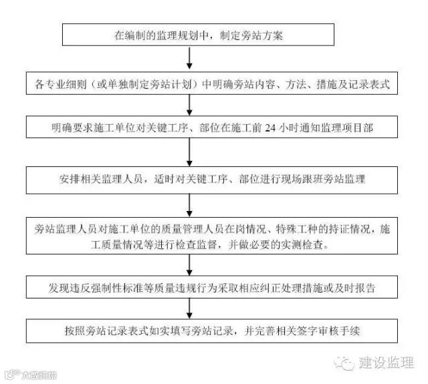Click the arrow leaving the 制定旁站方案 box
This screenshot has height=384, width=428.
click(191, 60)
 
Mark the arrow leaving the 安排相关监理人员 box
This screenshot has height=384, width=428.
click(191, 206)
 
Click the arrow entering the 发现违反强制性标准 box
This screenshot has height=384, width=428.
click(191, 268)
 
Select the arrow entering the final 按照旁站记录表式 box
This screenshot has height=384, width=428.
click(191, 309)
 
